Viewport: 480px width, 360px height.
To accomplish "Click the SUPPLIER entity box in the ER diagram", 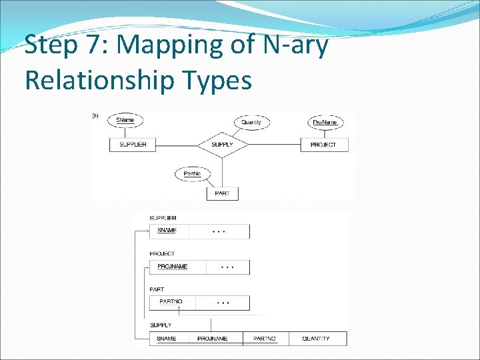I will (133, 145).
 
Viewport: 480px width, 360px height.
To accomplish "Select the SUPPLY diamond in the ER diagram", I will (222, 145).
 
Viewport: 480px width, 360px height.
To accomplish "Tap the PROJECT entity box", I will (323, 145).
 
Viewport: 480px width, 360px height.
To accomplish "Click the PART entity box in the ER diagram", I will (222, 193).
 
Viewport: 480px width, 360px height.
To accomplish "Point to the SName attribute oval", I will (125, 120).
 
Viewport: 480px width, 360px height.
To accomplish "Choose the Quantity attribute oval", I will (251, 122).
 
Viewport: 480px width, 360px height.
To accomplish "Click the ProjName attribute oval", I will (325, 122).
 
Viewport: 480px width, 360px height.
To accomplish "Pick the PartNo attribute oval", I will (193, 174).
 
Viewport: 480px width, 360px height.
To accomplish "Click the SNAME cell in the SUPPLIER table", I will (168, 231).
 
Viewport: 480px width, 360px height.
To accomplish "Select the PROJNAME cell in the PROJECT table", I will (173, 267).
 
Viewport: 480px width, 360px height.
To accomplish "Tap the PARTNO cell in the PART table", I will (171, 302).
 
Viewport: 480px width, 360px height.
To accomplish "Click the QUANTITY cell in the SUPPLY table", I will (316, 339).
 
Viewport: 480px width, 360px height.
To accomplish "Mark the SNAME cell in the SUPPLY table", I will (167, 339).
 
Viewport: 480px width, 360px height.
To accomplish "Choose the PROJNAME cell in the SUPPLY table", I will (212, 339).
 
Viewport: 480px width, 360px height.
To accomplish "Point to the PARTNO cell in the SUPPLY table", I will (264, 339).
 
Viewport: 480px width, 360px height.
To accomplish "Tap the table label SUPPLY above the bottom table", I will (161, 325).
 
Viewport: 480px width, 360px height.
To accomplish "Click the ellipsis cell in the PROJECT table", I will (227, 267).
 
